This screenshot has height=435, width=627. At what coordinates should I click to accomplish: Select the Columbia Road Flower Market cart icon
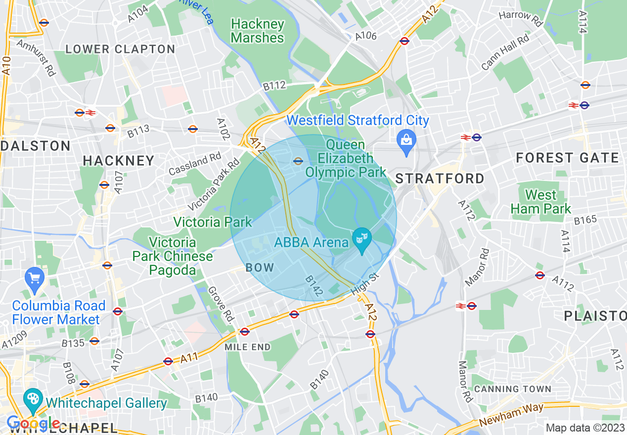click(x=35, y=278)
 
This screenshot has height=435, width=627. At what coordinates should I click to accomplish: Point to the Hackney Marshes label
click(x=258, y=31)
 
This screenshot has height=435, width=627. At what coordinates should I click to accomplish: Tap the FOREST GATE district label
click(x=567, y=158)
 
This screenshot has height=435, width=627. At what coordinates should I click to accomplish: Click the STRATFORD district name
click(x=440, y=178)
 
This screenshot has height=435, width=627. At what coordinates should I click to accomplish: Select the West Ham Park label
click(x=541, y=202)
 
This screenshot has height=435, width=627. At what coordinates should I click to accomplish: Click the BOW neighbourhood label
click(x=260, y=267)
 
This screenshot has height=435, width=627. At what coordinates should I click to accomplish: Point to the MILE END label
click(x=248, y=347)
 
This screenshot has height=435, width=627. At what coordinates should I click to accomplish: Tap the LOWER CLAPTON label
click(x=120, y=49)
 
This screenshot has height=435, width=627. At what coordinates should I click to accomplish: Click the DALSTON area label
click(x=36, y=146)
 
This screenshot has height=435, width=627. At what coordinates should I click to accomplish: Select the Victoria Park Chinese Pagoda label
click(x=173, y=256)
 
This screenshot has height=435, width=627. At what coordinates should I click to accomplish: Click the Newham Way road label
click(x=511, y=415)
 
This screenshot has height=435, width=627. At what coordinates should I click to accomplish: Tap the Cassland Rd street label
click(x=195, y=164)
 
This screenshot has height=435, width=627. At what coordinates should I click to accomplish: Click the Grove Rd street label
click(x=221, y=303)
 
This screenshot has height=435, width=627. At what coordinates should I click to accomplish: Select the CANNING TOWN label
click(x=512, y=389)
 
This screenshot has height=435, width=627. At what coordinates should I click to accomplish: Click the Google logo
click(x=33, y=423)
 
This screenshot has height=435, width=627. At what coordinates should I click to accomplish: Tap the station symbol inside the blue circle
click(x=298, y=161)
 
